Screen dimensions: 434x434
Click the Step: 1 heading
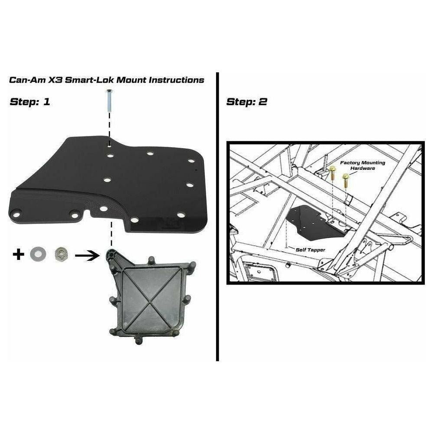click(30, 102)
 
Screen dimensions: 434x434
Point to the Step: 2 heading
click(247, 102)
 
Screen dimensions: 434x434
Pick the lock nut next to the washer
click(59, 254)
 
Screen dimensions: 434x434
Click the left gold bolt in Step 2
click(332, 174)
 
